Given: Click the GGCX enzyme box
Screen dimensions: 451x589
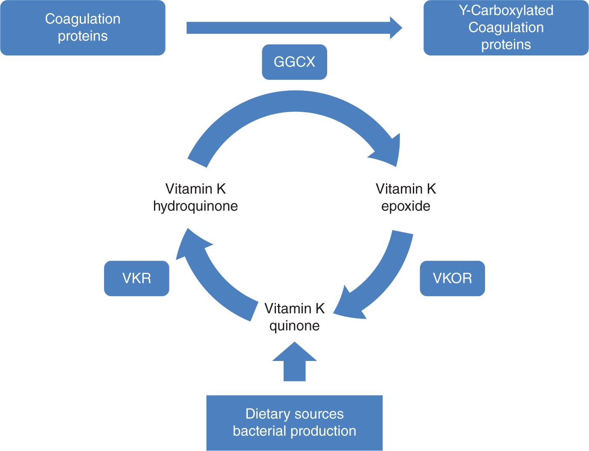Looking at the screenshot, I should click(294, 62).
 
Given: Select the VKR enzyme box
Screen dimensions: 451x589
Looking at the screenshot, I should click(136, 278).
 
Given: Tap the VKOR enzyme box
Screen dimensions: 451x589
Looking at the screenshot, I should click(452, 278).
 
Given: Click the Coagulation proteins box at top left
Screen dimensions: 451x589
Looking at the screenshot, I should click(83, 28).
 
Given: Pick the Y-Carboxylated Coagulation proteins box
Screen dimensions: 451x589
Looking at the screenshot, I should click(506, 28).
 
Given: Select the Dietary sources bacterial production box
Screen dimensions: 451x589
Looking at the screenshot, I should click(294, 422).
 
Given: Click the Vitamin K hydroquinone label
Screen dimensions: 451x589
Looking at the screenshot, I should click(195, 197).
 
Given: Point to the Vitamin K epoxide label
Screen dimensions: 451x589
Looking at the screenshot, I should click(406, 197).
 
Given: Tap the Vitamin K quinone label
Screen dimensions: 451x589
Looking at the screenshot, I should click(294, 317).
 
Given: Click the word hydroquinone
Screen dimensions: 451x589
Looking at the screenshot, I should click(195, 206).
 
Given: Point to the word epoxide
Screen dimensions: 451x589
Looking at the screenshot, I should click(406, 206).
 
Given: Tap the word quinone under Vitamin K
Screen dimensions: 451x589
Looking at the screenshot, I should click(294, 326).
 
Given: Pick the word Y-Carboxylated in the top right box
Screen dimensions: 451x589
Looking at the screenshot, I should click(506, 10).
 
